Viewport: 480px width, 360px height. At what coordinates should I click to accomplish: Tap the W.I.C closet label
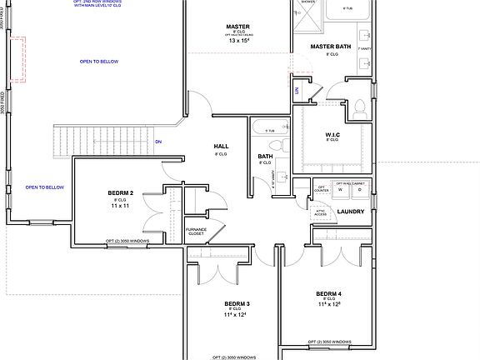point(331,134)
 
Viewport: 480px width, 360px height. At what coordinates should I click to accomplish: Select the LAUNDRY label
point(350,211)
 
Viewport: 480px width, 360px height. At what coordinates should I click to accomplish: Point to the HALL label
point(221,147)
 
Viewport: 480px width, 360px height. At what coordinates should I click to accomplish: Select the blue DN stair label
point(159,142)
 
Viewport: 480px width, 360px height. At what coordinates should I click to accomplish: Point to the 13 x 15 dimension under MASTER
point(238,40)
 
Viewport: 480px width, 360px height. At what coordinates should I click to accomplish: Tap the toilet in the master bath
point(360,107)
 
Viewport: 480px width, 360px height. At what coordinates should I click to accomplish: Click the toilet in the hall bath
point(284,147)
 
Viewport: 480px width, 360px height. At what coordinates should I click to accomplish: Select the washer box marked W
point(341,190)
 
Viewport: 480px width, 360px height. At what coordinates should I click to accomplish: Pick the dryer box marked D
point(359,190)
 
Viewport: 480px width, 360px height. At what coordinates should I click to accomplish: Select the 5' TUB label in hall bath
point(268,131)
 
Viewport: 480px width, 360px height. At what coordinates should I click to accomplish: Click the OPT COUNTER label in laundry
point(321,188)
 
